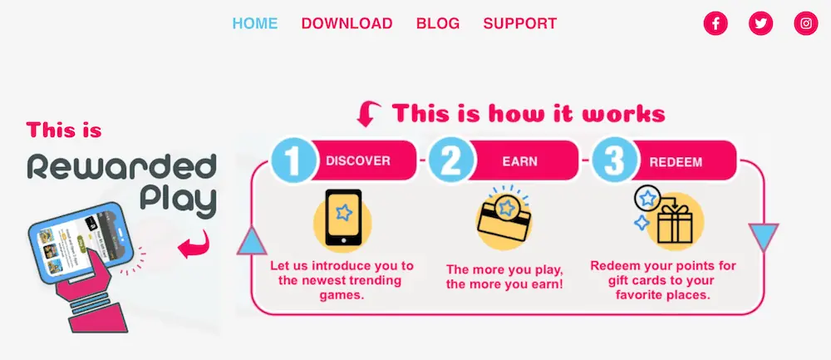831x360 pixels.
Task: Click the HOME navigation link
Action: (255, 23)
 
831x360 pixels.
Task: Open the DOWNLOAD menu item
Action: (347, 23)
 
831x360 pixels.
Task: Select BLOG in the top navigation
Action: (438, 23)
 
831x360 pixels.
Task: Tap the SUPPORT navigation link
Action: (520, 23)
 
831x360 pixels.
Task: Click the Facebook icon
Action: (715, 23)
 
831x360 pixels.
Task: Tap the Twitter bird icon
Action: (760, 23)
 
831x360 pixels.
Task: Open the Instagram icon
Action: (806, 23)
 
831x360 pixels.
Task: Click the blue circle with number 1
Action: (293, 160)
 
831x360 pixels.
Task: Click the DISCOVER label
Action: (358, 160)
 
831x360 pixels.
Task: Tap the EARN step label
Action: (519, 161)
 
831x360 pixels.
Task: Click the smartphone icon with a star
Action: (342, 218)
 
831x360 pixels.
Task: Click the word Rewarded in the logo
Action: (121, 167)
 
